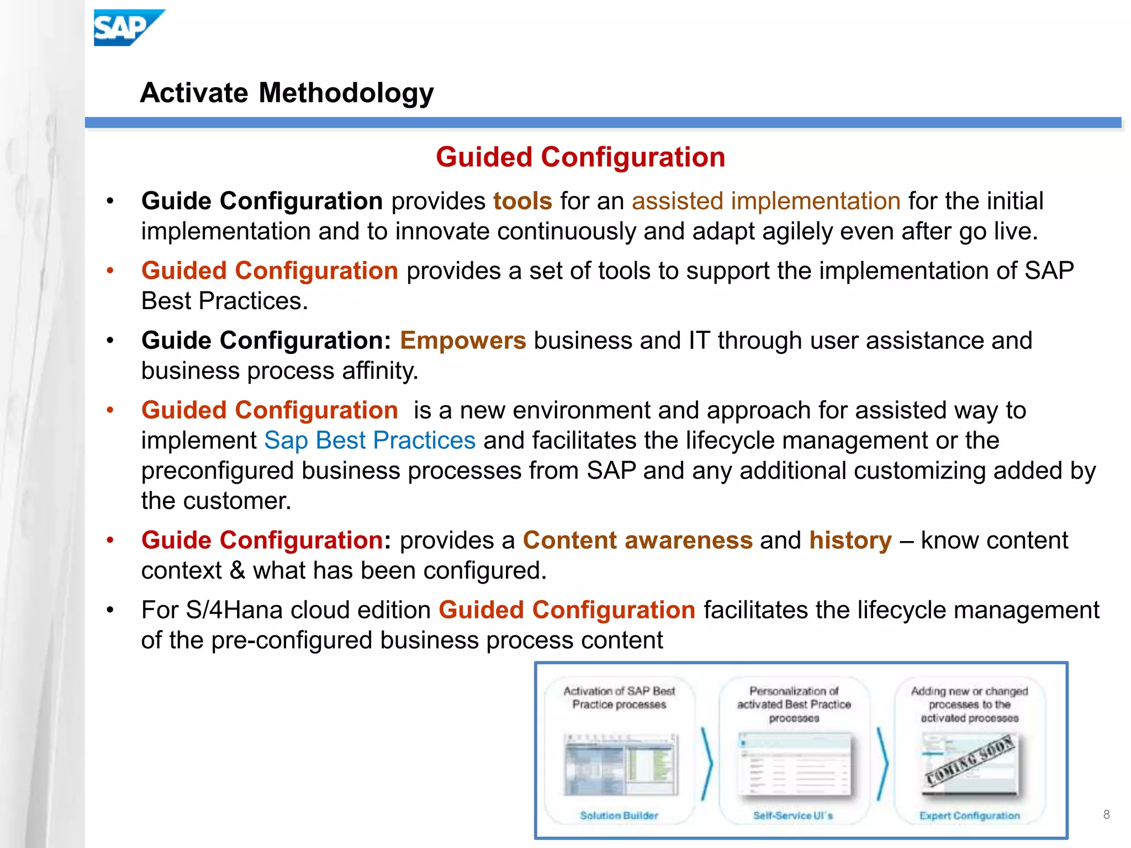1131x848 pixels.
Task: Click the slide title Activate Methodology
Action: pos(287,93)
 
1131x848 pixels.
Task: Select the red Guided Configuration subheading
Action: pos(580,157)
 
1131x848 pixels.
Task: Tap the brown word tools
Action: pos(522,201)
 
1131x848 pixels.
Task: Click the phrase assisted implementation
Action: pos(766,201)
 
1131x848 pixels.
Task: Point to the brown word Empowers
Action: pos(463,340)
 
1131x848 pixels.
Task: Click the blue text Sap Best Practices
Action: pos(369,441)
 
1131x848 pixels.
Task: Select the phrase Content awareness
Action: pos(637,540)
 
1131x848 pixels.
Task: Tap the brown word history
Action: pos(850,540)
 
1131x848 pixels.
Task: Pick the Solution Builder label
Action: pos(619,815)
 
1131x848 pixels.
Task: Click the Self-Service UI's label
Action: pos(793,815)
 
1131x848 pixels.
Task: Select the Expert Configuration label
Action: pos(969,815)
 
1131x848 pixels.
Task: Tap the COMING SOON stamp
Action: pos(970,761)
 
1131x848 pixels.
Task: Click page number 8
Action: pos(1106,814)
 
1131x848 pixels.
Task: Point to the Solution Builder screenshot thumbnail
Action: pos(620,765)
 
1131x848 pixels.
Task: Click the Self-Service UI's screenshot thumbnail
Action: pos(794,765)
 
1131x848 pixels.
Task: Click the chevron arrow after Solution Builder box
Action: pos(707,764)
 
